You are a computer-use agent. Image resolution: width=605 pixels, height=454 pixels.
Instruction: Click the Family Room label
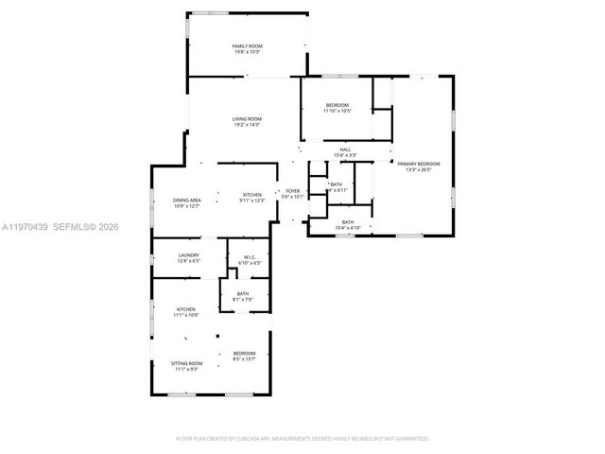[247, 46]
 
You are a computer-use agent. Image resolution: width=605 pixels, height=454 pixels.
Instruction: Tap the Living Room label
[247, 118]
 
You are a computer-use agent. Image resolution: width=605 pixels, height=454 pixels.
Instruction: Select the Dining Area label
[186, 200]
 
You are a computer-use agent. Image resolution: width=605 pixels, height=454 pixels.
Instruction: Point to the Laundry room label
[188, 255]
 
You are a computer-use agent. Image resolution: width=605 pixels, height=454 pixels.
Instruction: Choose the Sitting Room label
[186, 363]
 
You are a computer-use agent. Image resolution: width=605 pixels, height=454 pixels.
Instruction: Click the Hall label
[346, 149]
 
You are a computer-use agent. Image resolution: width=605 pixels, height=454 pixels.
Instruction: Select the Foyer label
[293, 191]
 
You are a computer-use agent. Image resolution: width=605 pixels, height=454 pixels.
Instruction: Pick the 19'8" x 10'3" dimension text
[247, 52]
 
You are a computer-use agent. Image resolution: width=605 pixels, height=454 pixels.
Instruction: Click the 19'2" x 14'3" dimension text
[247, 124]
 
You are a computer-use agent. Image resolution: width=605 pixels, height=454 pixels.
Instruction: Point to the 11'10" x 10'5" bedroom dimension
[337, 111]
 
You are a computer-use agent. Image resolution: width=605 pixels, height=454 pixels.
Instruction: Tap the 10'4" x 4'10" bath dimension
[348, 228]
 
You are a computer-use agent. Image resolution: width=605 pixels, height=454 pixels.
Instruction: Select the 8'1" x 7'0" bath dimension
[243, 300]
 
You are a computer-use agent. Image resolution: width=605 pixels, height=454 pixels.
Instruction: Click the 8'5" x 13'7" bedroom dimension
[245, 359]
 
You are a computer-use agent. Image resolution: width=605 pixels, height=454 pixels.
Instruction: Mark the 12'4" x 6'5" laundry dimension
[188, 261]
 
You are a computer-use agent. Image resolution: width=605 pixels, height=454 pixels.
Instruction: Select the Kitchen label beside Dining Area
[251, 194]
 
